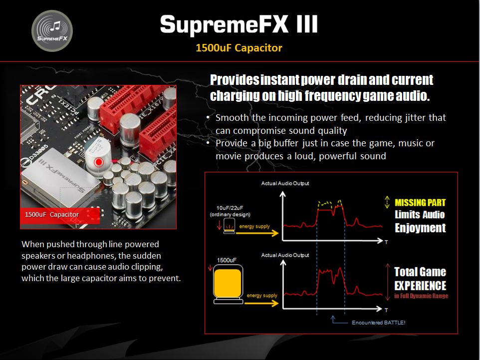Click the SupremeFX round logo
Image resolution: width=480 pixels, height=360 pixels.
pyautogui.click(x=52, y=30)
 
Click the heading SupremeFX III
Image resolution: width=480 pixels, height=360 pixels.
pyautogui.click(x=239, y=24)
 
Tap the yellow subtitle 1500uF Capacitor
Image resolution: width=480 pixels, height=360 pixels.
pyautogui.click(x=239, y=48)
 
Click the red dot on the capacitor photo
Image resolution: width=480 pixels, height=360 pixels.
pyautogui.click(x=99, y=162)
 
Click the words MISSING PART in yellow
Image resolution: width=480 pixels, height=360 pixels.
pyautogui.click(x=420, y=203)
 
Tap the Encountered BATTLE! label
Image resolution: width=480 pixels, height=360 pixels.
pyautogui.click(x=378, y=323)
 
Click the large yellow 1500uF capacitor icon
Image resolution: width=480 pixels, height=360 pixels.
pyautogui.click(x=228, y=284)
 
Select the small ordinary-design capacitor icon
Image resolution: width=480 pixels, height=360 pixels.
pyautogui.click(x=229, y=226)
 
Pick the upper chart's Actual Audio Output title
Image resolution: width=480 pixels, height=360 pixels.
pyautogui.click(x=285, y=183)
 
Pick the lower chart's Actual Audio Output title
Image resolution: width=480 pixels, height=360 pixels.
pyautogui.click(x=285, y=255)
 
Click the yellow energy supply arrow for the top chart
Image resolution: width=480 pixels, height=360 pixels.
pyautogui.click(x=257, y=233)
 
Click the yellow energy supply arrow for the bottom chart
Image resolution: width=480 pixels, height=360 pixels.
pyautogui.click(x=261, y=303)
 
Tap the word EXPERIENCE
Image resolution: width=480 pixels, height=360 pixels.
pyautogui.click(x=420, y=286)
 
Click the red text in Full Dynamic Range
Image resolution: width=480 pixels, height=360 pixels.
pyautogui.click(x=421, y=296)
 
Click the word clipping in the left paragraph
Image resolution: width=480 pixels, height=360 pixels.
pyautogui.click(x=147, y=267)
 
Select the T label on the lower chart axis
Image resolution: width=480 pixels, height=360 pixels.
pyautogui.click(x=386, y=310)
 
